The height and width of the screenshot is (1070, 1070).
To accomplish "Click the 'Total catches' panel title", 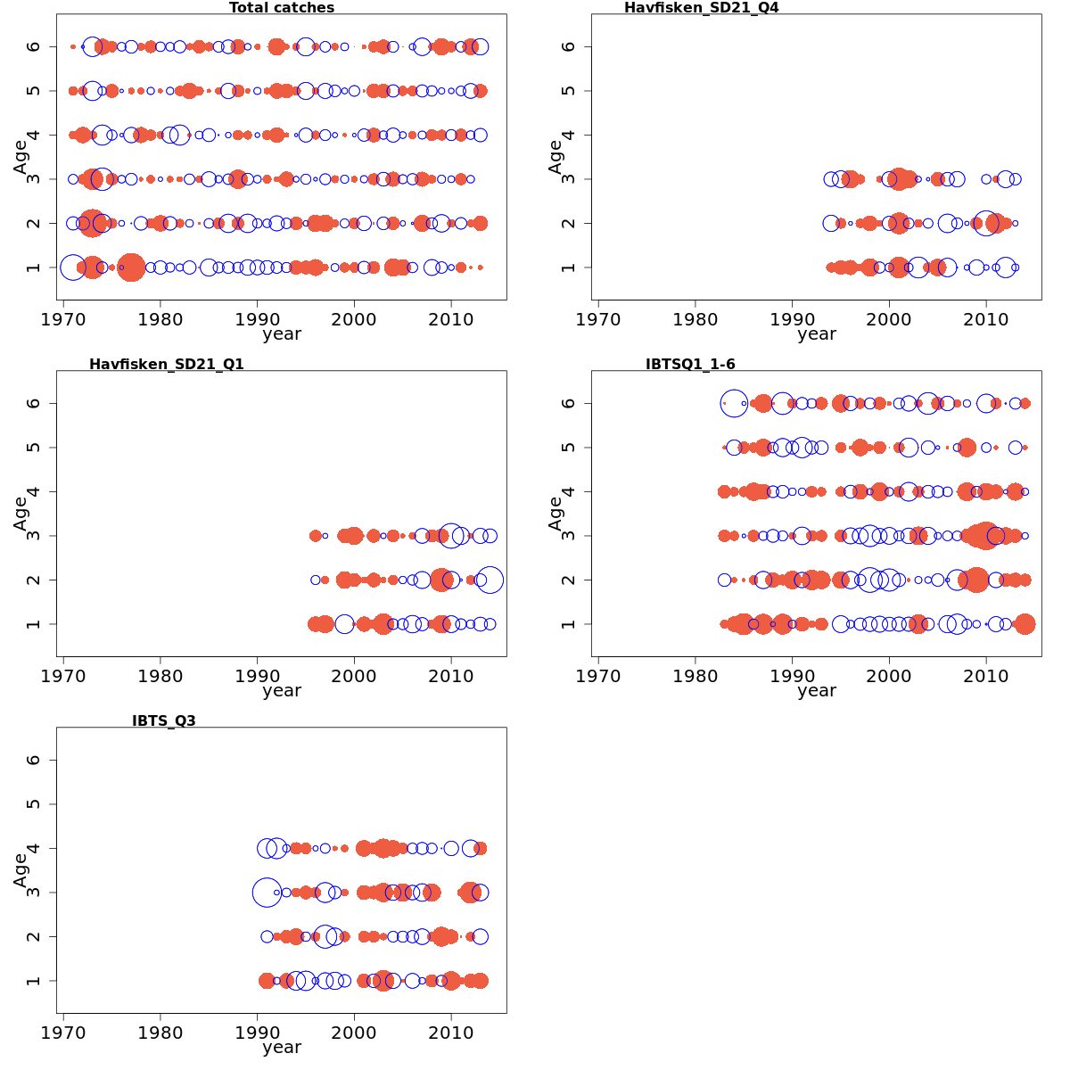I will tap(282, 8).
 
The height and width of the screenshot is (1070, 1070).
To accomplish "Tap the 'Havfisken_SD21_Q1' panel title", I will tap(166, 364).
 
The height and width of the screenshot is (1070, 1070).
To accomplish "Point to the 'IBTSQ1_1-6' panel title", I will tap(690, 364).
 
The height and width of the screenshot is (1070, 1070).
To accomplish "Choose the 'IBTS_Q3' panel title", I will tap(163, 720).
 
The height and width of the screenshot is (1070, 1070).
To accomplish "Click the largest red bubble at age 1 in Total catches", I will tap(131, 267).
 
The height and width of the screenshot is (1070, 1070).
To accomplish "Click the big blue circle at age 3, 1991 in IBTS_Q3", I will tap(267, 892).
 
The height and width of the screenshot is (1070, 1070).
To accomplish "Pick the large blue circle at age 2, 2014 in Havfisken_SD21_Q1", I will tap(489, 580).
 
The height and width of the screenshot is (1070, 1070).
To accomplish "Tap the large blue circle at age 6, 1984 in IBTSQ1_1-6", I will tap(734, 403).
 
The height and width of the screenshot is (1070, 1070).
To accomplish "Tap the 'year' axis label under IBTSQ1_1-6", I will tap(817, 690).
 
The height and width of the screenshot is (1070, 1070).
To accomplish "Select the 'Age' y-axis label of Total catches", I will tap(21, 157).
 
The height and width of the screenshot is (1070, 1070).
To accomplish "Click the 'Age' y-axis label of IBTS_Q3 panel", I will tap(21, 870).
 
